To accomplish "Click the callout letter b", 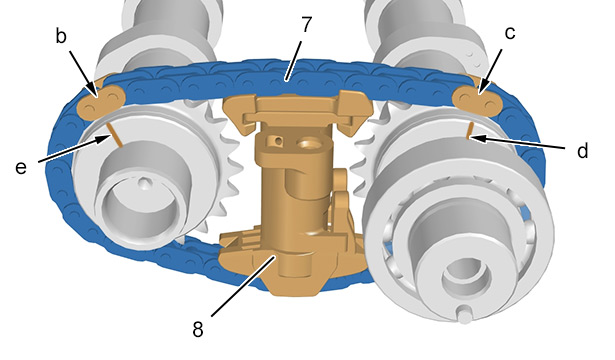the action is tap(61, 36).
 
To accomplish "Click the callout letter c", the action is tap(509, 33).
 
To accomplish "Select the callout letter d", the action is tap(583, 150).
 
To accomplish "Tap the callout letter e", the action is tap(21, 168).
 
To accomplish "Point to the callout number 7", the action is tap(306, 24).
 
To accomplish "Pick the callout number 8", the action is tap(198, 329).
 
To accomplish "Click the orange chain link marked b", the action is tap(102, 100).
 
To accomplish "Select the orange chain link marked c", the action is tap(477, 100).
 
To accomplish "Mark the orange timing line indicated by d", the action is tap(469, 130).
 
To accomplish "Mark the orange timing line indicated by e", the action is tap(115, 135).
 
